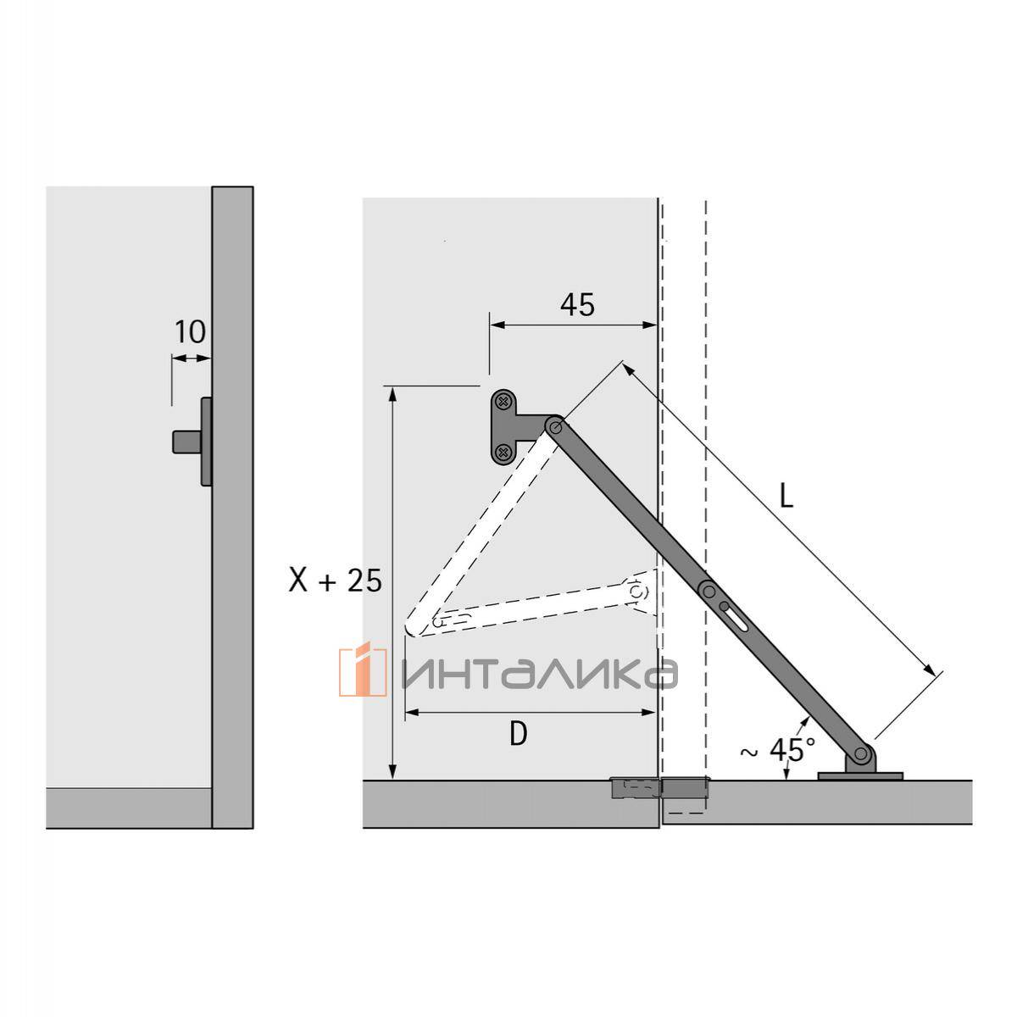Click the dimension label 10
click(190, 332)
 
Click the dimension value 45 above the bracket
click(577, 305)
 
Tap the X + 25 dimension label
click(335, 581)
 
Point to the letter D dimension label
click(519, 734)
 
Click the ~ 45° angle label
click(778, 749)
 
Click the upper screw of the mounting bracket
click(503, 403)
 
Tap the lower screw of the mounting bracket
click(503, 452)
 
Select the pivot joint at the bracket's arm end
click(554, 426)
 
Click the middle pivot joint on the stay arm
click(709, 589)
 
